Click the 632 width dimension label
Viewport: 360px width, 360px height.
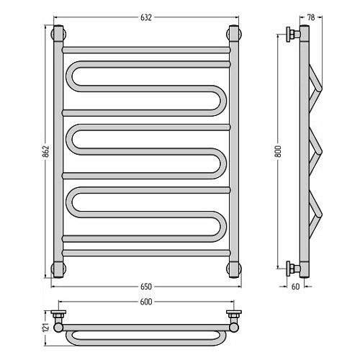coord(146,18)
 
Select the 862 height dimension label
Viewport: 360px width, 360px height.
coord(46,151)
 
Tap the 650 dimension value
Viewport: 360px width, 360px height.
coord(146,287)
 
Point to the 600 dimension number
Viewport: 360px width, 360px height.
coord(146,302)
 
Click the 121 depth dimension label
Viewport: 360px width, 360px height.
coord(46,328)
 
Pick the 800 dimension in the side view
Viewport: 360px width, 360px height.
coord(278,151)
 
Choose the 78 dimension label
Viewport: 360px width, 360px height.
coord(311,18)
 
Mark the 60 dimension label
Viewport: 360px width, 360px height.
coord(296,287)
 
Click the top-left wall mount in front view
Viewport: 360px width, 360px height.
coord(58,34)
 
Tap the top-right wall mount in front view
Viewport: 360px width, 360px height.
coord(234,34)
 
